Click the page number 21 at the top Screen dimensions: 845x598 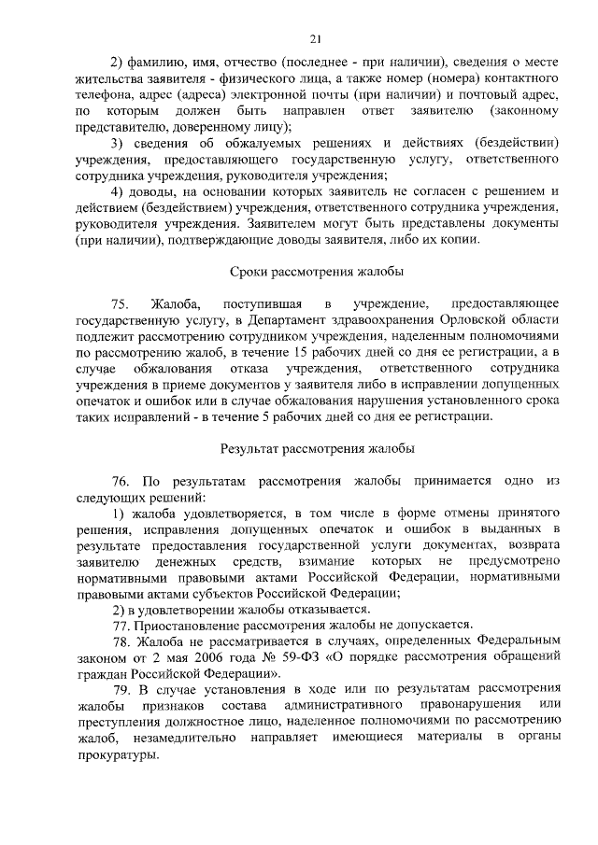[x=316, y=37]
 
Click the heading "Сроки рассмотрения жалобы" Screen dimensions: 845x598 [x=316, y=272]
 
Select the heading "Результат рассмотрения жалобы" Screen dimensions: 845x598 [x=317, y=448]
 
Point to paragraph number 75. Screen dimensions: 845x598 [x=120, y=304]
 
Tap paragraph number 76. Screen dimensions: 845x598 [x=120, y=481]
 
